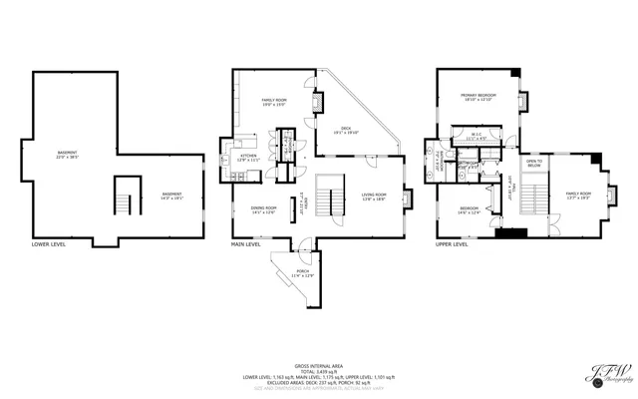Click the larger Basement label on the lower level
(x=67, y=155)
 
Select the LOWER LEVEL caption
(x=48, y=243)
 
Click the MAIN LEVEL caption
(x=246, y=243)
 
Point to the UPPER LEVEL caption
(x=454, y=243)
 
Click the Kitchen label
(x=248, y=158)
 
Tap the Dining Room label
(x=263, y=208)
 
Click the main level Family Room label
(x=275, y=101)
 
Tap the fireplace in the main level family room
(x=318, y=101)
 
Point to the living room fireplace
(x=407, y=197)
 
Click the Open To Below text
(x=534, y=163)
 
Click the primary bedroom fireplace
(x=520, y=99)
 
